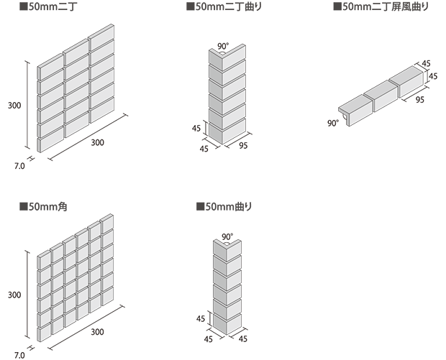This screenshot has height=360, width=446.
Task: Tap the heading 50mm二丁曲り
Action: pos(228,8)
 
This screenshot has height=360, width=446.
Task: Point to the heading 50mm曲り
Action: pos(228,207)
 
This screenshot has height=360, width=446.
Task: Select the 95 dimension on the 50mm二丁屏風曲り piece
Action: pos(419,100)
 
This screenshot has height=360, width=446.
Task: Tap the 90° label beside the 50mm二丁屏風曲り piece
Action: pos(332,123)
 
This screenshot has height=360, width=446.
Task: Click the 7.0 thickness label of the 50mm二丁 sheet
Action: pos(19,165)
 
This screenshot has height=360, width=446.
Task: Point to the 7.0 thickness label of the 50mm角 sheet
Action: pos(19,354)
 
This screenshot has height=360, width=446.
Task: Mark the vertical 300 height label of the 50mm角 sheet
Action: pos(14,295)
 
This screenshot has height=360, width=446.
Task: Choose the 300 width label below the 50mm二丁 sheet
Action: pos(97,142)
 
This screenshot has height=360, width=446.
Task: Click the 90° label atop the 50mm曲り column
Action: pos(227,236)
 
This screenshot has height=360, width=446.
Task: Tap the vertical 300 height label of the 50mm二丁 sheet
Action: pos(14,106)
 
